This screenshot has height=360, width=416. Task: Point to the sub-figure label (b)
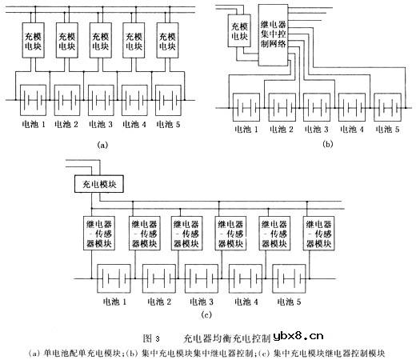[326, 145]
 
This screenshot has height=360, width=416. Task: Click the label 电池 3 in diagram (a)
[102, 125]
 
